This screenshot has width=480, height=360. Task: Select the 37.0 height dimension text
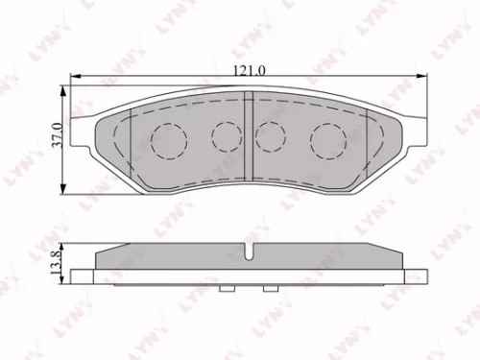pos(57,133)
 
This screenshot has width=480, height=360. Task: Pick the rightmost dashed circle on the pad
pos(326,142)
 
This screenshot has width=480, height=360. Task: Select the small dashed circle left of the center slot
pos(227,136)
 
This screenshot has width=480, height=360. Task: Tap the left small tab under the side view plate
pos(228,288)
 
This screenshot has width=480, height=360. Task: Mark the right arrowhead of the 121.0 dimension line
pos(422,81)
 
